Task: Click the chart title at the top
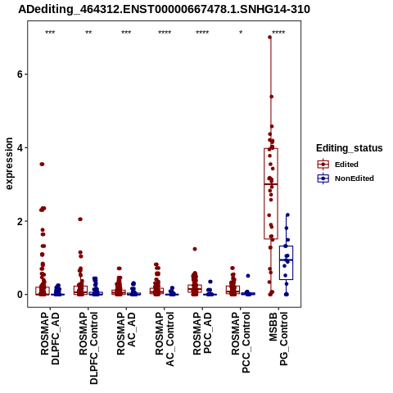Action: (x=164, y=9)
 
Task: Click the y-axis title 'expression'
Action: (x=9, y=164)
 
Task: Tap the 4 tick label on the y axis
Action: (x=20, y=147)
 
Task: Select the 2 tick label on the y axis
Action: (x=20, y=221)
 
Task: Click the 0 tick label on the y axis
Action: (x=20, y=295)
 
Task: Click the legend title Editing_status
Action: (x=350, y=148)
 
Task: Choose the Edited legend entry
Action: (x=337, y=165)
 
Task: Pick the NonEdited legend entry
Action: (x=346, y=178)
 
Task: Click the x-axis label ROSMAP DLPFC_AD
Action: (x=50, y=338)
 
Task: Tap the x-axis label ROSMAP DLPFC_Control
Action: (x=88, y=348)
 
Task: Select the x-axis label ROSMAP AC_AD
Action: (x=126, y=333)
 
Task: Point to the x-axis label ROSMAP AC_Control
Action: (x=165, y=339)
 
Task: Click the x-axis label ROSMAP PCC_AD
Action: (x=202, y=333)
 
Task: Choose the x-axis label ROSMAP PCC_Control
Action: (x=241, y=342)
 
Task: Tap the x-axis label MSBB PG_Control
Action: (x=278, y=339)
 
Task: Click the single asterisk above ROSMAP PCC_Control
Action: (x=241, y=33)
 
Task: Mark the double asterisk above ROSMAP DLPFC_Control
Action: (x=88, y=33)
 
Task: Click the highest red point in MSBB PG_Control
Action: (x=269, y=38)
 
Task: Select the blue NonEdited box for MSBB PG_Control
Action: (x=286, y=263)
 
